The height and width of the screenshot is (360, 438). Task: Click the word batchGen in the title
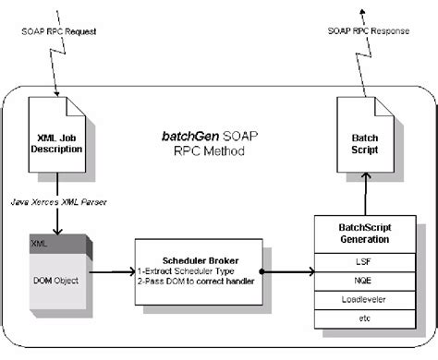(x=184, y=135)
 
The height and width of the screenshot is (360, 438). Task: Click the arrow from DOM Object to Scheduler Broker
(x=116, y=274)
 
